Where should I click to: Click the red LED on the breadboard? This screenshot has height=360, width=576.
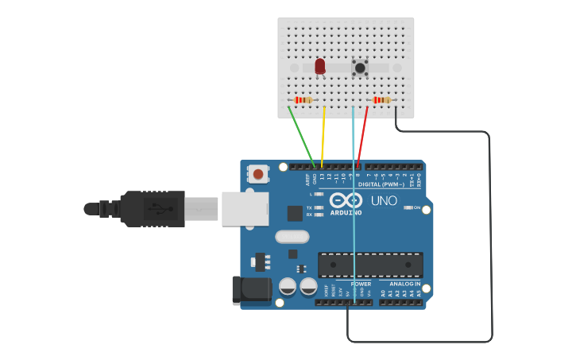click(x=320, y=67)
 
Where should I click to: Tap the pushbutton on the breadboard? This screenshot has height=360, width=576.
click(x=360, y=68)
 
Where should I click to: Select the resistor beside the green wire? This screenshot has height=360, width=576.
click(x=303, y=100)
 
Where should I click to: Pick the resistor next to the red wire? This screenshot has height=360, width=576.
click(x=382, y=100)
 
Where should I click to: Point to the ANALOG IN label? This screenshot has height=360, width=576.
click(x=404, y=284)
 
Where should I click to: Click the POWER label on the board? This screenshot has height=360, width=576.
click(x=361, y=284)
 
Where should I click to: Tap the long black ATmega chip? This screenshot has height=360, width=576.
click(x=370, y=265)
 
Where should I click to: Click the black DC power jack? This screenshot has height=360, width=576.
click(x=249, y=290)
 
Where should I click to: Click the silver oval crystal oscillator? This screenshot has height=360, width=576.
click(x=292, y=237)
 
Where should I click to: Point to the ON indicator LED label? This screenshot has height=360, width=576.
click(x=416, y=207)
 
